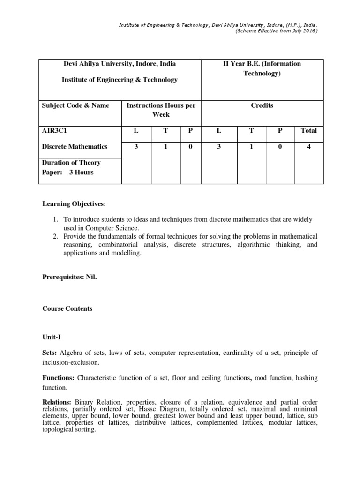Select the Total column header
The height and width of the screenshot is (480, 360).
[x=308, y=131]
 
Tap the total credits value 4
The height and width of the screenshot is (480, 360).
[x=308, y=147]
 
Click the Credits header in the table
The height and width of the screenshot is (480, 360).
[x=262, y=105]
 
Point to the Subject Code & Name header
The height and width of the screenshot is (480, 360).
[x=75, y=105]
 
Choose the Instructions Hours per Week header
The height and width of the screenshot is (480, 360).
[x=161, y=110]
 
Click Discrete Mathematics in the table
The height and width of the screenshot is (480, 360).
[x=75, y=147]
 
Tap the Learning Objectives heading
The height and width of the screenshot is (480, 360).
[x=74, y=204]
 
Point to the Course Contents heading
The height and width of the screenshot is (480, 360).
[x=67, y=308]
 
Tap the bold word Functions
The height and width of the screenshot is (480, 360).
[x=59, y=377]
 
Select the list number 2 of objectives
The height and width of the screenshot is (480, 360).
[x=55, y=236]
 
